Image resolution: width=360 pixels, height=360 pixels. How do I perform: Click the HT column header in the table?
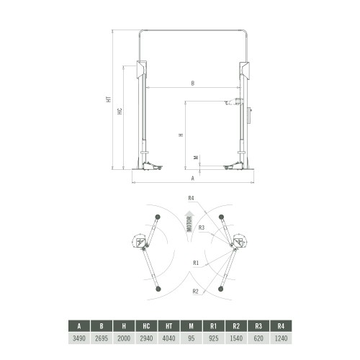(168, 326)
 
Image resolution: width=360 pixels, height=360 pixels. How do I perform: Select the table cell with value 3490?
(79, 338)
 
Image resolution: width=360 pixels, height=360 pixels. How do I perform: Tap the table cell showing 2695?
(102, 338)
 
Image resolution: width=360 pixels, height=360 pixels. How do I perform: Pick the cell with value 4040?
(168, 338)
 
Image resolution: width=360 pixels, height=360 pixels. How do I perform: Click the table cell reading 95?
(192, 338)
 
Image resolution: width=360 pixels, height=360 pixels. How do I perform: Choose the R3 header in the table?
(258, 326)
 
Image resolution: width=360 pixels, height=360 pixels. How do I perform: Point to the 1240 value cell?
(281, 338)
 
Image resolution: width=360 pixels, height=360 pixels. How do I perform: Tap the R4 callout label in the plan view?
(191, 198)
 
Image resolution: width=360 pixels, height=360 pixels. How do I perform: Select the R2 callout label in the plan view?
(196, 292)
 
